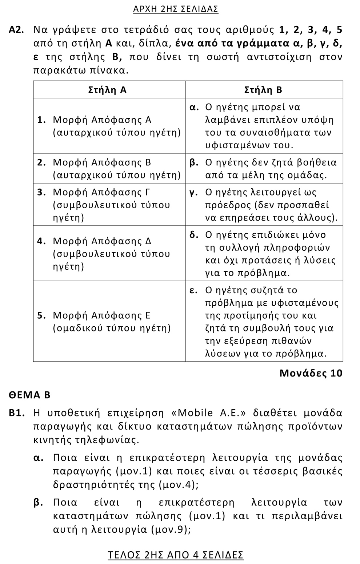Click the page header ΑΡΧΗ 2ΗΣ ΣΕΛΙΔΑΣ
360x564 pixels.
point(176,9)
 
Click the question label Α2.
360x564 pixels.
point(16,30)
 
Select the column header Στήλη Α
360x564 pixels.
point(108,90)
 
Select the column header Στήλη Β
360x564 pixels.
point(264,90)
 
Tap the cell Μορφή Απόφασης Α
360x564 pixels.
point(109,126)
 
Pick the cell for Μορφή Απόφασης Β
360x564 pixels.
point(109,169)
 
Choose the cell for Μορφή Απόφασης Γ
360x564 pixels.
point(109,205)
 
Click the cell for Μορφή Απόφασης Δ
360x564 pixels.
point(109,254)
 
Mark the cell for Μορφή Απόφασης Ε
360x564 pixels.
point(109,322)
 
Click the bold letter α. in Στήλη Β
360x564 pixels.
point(194,107)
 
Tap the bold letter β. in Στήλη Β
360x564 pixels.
point(194,162)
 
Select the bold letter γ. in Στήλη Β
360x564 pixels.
point(194,192)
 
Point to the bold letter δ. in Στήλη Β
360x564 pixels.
point(194,235)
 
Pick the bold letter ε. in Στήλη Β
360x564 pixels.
point(193,290)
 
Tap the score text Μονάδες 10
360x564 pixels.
point(311,373)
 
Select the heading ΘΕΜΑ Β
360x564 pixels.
point(29,395)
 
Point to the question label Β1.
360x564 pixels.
point(16,413)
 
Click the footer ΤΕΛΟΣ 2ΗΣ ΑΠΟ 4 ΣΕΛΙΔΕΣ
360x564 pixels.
point(176,555)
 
